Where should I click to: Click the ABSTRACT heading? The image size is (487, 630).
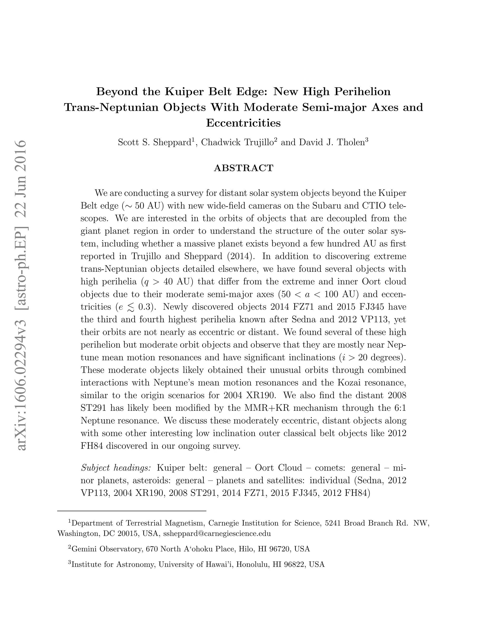pos(243,168)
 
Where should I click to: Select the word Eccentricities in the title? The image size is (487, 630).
pos(243,123)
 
